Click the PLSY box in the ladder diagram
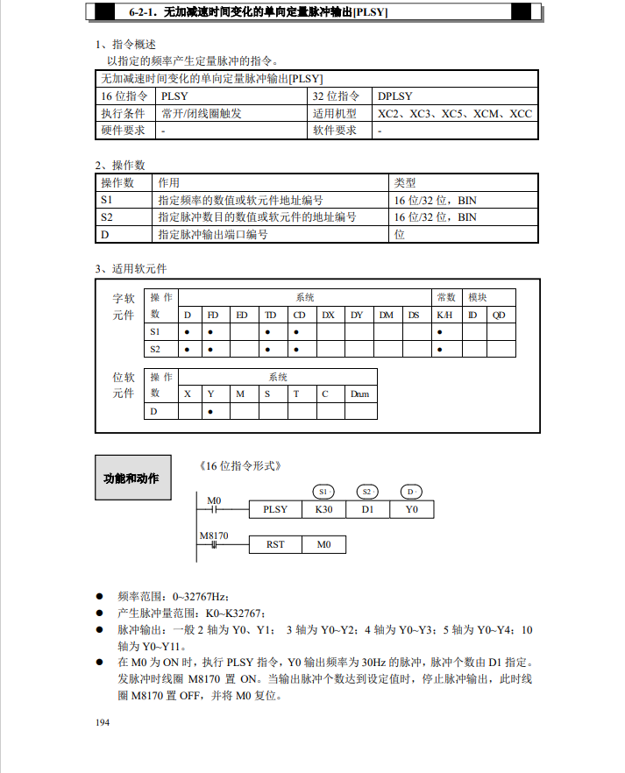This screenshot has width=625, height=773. (x=275, y=509)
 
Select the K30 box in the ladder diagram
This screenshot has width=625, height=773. (x=324, y=509)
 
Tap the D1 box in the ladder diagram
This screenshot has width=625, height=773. (x=368, y=509)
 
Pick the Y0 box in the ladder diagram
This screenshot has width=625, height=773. (x=412, y=509)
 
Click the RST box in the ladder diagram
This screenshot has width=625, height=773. (x=275, y=544)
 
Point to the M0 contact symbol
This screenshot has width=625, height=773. (x=214, y=509)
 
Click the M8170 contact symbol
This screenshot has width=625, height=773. (x=214, y=544)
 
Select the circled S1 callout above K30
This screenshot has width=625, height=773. (x=323, y=491)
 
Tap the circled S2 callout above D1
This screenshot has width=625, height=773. (x=368, y=491)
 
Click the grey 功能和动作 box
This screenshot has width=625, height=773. (x=131, y=479)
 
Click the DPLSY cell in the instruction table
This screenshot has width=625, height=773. (x=395, y=96)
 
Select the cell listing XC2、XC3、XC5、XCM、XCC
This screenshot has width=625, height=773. (x=455, y=114)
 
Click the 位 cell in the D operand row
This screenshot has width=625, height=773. (x=400, y=234)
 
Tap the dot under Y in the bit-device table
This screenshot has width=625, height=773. (x=211, y=411)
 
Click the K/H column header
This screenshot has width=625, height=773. (x=444, y=315)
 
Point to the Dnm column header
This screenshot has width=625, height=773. (x=359, y=394)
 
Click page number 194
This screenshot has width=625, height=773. (x=103, y=722)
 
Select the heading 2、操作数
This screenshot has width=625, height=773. (x=120, y=165)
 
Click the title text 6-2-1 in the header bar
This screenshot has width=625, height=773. (x=146, y=12)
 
